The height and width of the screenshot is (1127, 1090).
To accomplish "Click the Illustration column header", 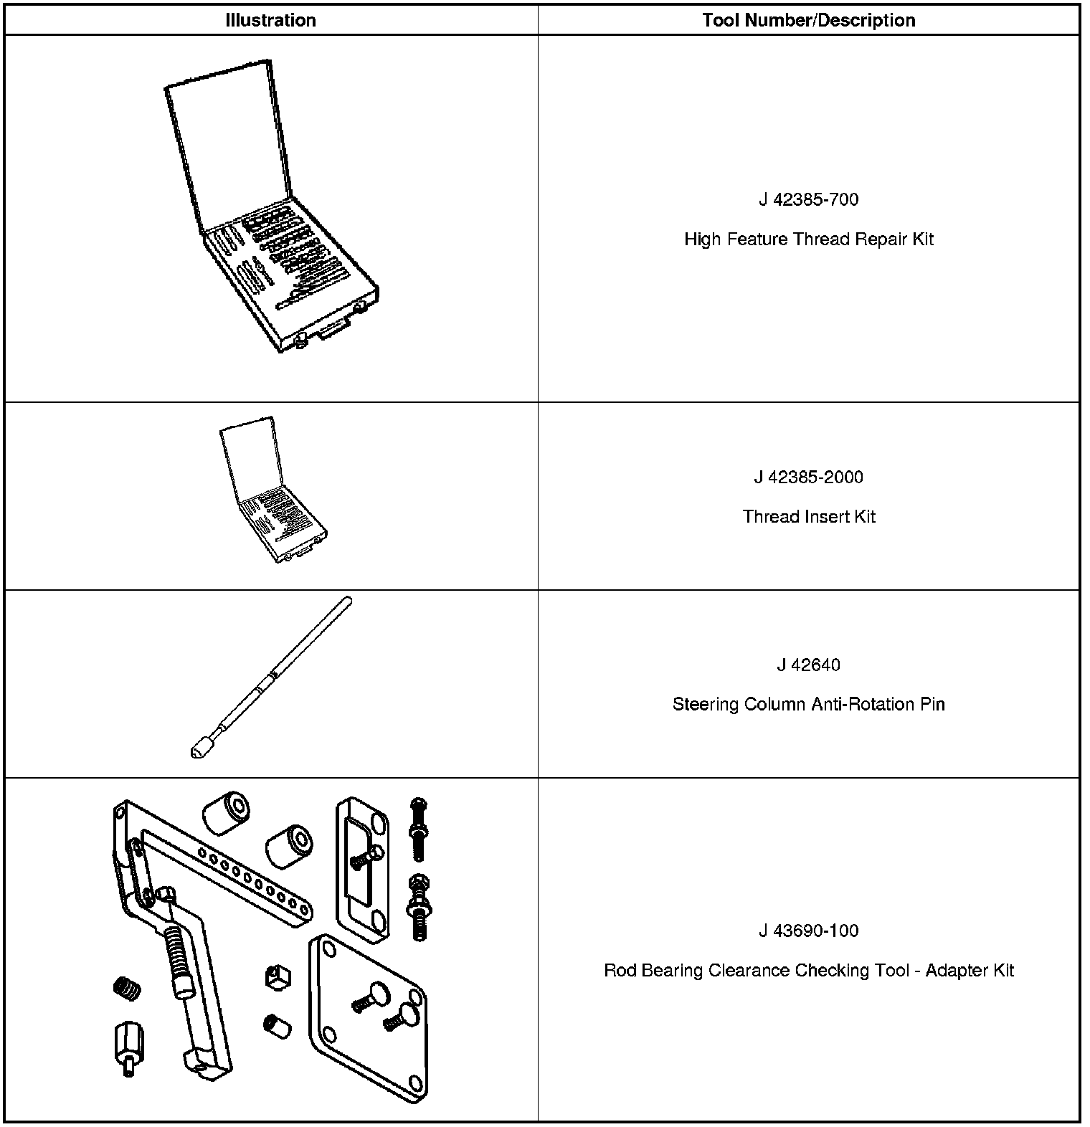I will point(270,20).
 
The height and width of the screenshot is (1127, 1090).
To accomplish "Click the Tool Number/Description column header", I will point(808,20).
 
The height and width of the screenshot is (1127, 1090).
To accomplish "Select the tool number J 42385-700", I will point(808,199).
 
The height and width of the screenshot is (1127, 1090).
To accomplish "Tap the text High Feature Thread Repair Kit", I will point(808,239).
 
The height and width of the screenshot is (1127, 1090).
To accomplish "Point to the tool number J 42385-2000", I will point(808,477).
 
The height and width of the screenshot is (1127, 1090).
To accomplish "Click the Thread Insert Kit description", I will point(808,517).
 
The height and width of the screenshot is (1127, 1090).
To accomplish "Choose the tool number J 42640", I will point(808,665).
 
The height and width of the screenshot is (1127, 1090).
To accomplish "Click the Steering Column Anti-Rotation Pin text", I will point(808,705).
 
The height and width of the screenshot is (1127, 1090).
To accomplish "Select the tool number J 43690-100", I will point(808,931).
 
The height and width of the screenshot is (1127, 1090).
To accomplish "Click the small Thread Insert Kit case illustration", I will point(272,495).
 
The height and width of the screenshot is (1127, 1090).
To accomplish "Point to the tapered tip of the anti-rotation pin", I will point(196,752).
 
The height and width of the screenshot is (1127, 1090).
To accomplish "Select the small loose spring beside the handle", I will point(127,989).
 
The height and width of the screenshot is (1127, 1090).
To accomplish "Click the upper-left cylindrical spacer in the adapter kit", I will point(224,813).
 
